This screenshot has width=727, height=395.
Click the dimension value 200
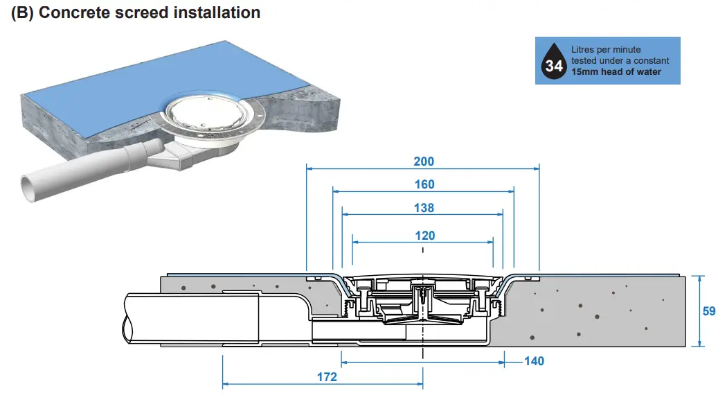tap(423, 161)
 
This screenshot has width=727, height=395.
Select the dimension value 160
tap(424, 184)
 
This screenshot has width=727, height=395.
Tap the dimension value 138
tap(424, 208)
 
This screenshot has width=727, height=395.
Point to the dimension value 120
tap(424, 236)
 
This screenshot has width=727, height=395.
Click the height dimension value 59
tap(709, 311)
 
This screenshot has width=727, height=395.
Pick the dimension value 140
tap(534, 361)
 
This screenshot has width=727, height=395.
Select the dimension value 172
tap(327, 377)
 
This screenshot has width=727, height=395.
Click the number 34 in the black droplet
tap(554, 67)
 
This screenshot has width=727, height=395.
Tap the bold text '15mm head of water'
tap(616, 72)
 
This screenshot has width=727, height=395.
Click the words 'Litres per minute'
tap(606, 50)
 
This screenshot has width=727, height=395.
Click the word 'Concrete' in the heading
tap(74, 12)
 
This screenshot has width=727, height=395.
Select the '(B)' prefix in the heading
tap(24, 12)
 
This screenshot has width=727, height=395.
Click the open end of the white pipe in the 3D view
tap(28, 188)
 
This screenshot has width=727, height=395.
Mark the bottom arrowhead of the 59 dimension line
tap(701, 344)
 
